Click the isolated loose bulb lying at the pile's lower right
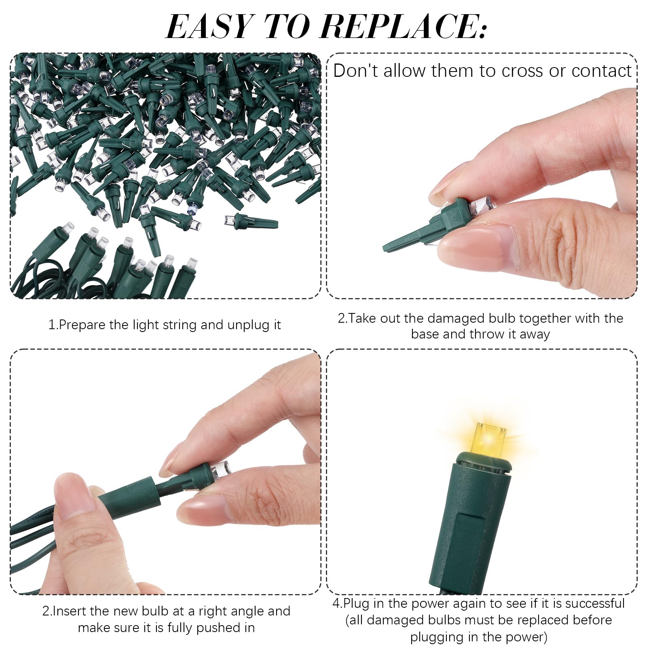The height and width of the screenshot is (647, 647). point(251,221)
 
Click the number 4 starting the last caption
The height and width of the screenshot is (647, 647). point(336,604)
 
